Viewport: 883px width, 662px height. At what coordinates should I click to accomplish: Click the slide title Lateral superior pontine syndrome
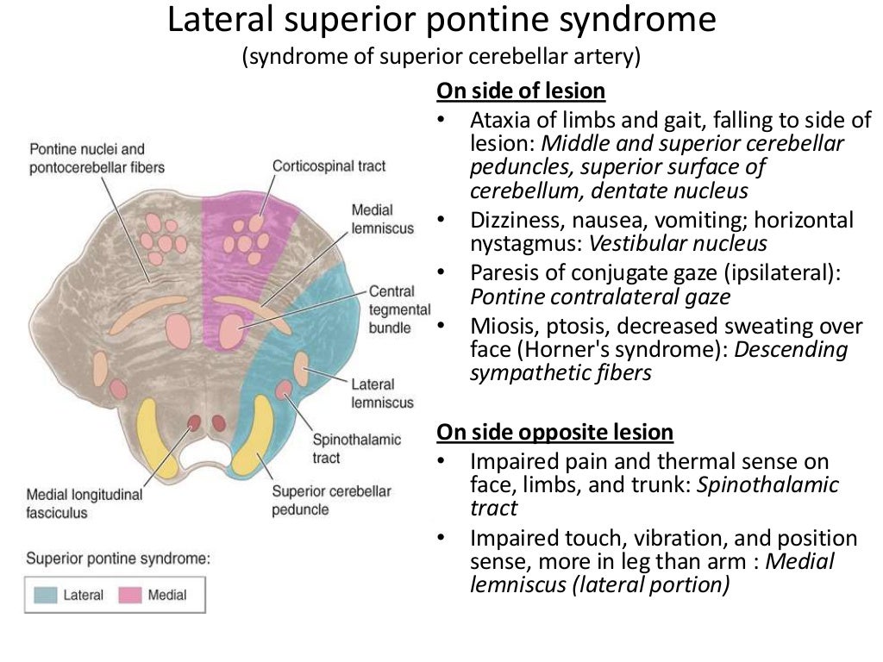pyautogui.click(x=441, y=21)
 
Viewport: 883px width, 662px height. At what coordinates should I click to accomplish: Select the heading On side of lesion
pyautogui.click(x=521, y=91)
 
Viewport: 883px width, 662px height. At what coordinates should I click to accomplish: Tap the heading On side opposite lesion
pyautogui.click(x=555, y=431)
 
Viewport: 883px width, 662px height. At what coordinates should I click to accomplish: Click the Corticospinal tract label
pyautogui.click(x=316, y=165)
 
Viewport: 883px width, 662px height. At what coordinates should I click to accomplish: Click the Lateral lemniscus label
pyautogui.click(x=382, y=393)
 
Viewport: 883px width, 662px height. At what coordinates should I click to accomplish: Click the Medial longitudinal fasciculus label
pyautogui.click(x=84, y=503)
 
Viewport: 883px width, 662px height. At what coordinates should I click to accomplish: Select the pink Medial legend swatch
pyautogui.click(x=131, y=595)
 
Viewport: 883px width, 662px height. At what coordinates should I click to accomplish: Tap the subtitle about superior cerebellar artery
pyautogui.click(x=441, y=58)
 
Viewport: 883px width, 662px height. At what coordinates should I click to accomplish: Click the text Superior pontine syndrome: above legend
pyautogui.click(x=118, y=558)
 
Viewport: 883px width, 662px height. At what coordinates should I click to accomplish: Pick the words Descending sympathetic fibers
pyautogui.click(x=660, y=361)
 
